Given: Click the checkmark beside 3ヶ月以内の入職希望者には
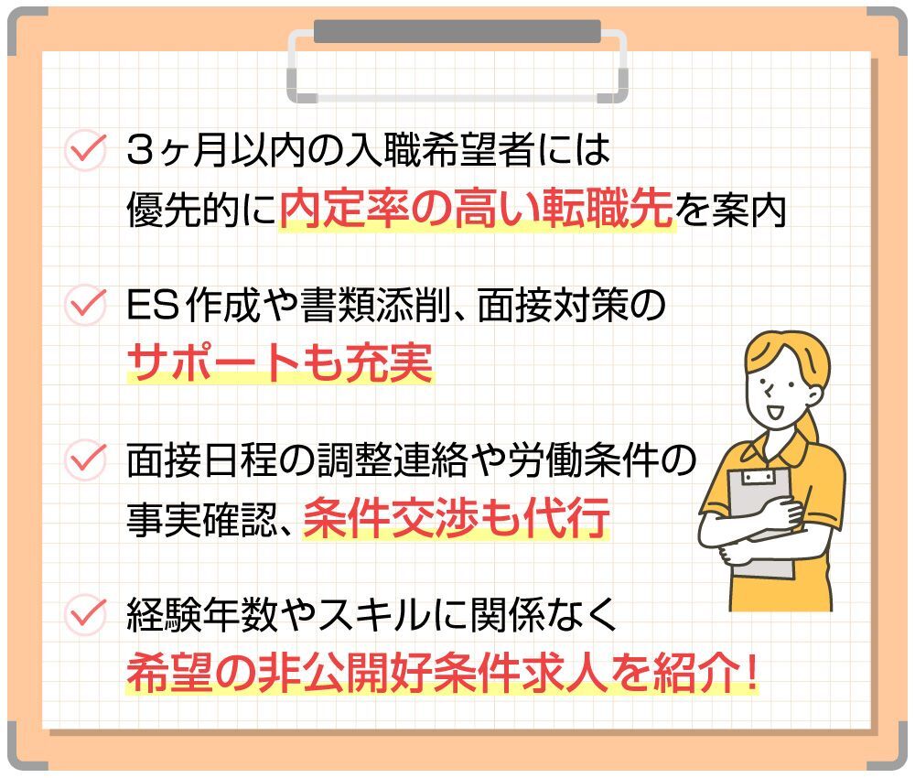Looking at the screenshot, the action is tap(85, 150).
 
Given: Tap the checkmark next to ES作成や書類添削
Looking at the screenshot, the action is tap(85, 304).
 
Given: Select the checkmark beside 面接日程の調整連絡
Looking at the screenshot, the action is tap(85, 459).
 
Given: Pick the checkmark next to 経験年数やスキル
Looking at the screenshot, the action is tap(85, 614).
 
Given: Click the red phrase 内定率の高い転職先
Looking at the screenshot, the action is tap(476, 209).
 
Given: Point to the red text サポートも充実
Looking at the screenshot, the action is tap(280, 362).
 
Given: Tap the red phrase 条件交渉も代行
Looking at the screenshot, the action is tap(456, 517).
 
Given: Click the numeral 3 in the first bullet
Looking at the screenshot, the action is tap(140, 151).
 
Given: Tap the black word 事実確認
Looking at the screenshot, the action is tap(202, 518).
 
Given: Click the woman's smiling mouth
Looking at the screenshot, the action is tap(775, 411).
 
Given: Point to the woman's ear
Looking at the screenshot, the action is tap(813, 396).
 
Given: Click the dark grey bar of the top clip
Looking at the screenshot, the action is tap(457, 31).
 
